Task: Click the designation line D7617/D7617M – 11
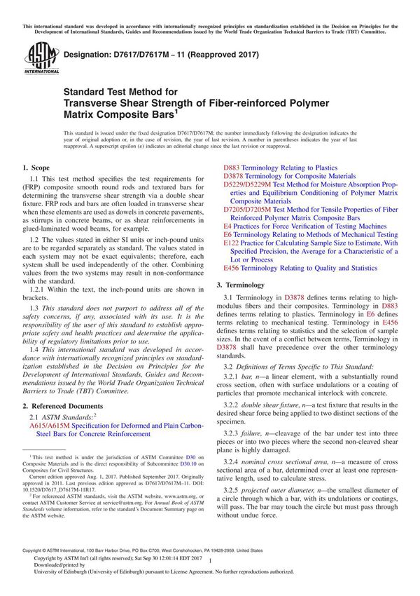point(140,53)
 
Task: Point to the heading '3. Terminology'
point(241,285)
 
